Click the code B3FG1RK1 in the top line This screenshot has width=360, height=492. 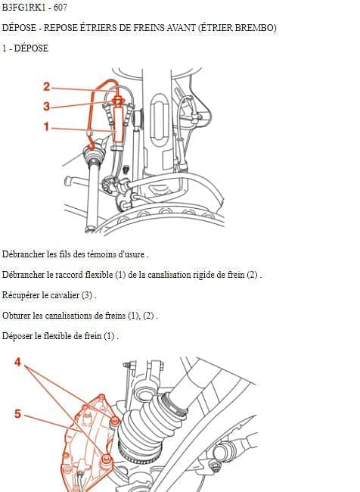click(x=24, y=8)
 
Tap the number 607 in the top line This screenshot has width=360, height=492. click(x=61, y=8)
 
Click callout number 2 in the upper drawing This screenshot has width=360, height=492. click(x=46, y=86)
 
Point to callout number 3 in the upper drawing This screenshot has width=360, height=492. click(x=46, y=107)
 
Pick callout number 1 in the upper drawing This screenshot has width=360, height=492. click(x=46, y=126)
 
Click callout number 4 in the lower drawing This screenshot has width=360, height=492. click(x=17, y=362)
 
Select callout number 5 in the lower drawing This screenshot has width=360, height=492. click(x=17, y=413)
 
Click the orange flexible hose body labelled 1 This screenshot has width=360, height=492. click(x=118, y=124)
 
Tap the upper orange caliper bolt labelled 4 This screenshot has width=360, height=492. click(x=115, y=420)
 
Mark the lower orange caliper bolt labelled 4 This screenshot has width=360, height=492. click(x=107, y=459)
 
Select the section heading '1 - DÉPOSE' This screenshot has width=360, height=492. click(x=25, y=48)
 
